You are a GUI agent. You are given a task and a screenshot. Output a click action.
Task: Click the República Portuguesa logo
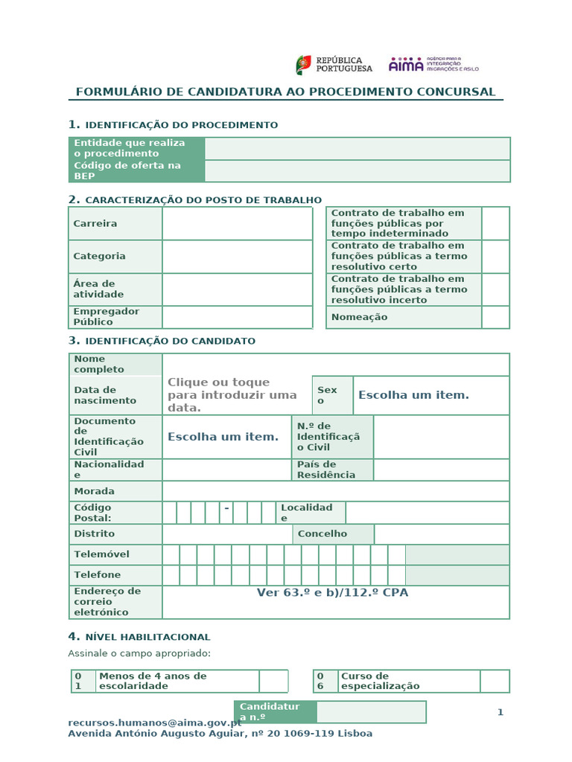coord(334,65)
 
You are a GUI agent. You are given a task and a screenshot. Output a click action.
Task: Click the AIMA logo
coord(433,65)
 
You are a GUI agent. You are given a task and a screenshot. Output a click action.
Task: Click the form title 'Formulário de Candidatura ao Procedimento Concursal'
coord(285,92)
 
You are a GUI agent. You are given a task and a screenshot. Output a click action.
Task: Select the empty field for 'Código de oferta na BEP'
coord(357,171)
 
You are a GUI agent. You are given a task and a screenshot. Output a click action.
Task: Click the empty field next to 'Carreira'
coord(237,223)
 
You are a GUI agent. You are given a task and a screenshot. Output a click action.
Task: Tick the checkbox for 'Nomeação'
coord(495,317)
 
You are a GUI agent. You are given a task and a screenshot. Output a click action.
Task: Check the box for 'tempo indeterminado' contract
coord(495,223)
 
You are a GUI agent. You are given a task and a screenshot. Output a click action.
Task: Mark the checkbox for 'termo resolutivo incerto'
coord(495,289)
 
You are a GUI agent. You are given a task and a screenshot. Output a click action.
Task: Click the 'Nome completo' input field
coord(335,365)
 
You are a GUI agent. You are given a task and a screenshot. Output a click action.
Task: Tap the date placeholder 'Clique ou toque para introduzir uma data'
coord(232,395)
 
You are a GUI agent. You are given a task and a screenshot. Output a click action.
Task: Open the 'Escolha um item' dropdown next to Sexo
coord(413,395)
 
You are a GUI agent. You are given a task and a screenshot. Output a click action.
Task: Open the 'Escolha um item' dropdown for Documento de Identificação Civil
coord(223,437)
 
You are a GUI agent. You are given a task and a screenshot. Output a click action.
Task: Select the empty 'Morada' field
coord(335,491)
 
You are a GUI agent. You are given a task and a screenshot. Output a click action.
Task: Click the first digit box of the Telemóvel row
coord(171,554)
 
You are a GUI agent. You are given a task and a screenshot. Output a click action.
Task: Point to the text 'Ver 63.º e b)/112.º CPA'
coord(332,593)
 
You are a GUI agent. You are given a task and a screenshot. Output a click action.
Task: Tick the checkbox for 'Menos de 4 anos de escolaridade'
coord(273,681)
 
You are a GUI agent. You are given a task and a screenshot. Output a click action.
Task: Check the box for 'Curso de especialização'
coord(495,681)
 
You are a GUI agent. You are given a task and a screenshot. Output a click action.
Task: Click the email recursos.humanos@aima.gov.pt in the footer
coord(154,723)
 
